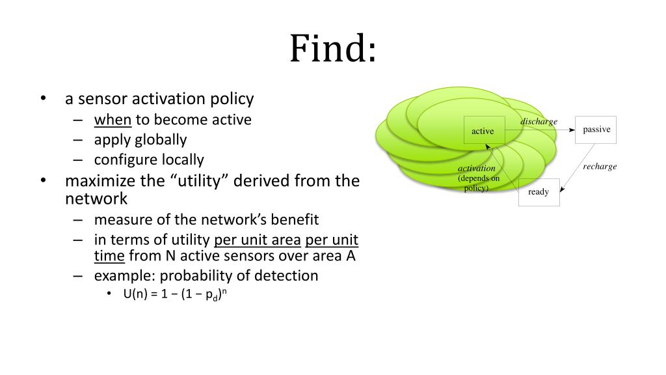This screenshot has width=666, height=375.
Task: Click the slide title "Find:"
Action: (332, 48)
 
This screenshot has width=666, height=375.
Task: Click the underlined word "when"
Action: (113, 120)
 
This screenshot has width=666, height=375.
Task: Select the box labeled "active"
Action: (483, 131)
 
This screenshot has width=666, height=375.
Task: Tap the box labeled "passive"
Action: (596, 130)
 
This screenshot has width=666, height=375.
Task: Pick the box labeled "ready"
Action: (539, 192)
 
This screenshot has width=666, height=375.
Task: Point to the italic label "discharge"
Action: (539, 122)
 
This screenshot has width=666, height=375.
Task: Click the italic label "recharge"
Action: (600, 167)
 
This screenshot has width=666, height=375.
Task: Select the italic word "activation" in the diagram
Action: (477, 169)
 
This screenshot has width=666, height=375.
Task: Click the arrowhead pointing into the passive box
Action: (572, 130)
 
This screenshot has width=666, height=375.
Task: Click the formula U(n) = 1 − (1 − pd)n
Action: (174, 294)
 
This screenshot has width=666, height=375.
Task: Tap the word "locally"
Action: (179, 160)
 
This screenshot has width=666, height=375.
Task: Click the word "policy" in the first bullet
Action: (232, 99)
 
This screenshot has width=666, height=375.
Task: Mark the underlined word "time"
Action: (109, 256)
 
